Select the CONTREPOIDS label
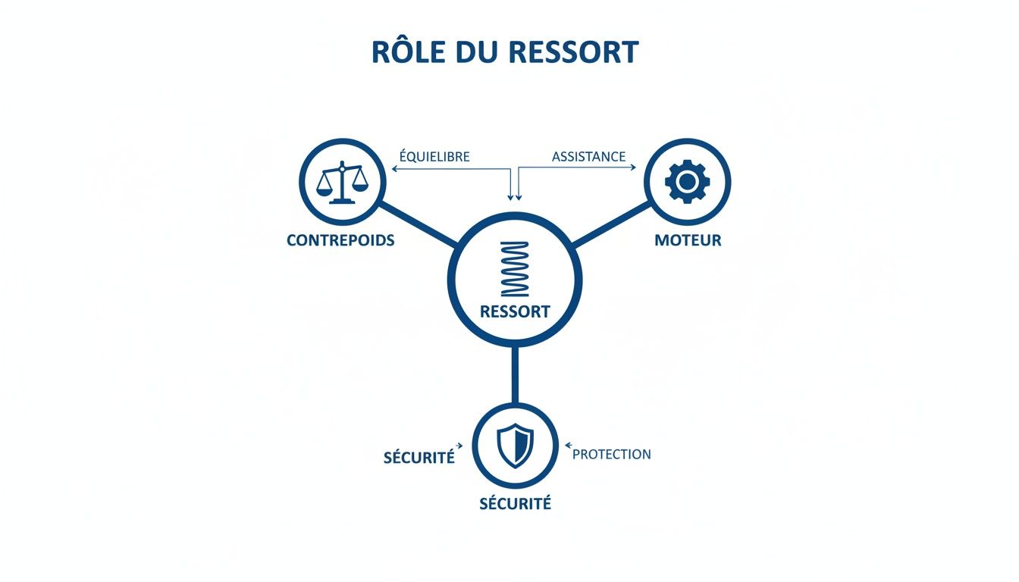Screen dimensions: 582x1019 (340, 240)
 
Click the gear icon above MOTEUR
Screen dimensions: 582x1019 (687, 182)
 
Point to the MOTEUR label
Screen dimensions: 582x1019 (688, 240)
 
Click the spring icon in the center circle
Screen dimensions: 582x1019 (515, 269)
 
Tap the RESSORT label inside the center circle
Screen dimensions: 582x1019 (515, 311)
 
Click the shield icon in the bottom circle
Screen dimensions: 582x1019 (515, 446)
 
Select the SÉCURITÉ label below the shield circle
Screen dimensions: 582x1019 (515, 503)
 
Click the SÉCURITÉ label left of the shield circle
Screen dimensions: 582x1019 (419, 458)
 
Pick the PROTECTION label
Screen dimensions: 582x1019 (611, 455)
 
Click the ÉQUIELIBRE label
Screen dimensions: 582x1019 (434, 157)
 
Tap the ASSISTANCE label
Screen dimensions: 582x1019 (588, 157)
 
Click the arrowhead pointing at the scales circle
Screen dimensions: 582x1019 (394, 169)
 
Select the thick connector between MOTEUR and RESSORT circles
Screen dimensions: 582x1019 (611, 223)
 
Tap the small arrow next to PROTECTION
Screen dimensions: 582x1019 (569, 446)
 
